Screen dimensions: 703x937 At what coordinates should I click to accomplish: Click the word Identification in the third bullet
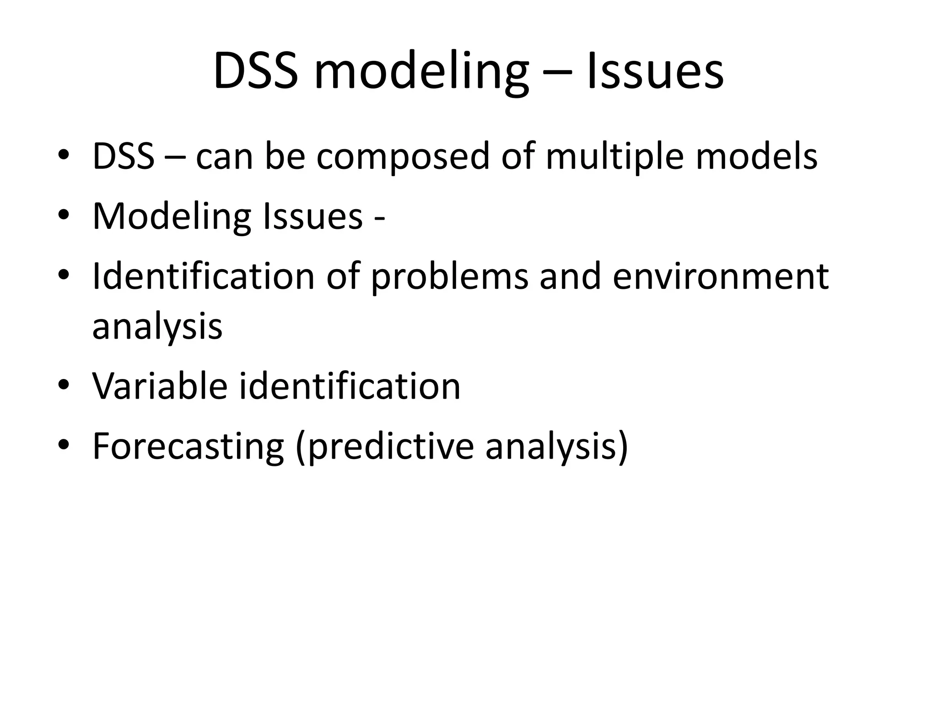click(x=203, y=276)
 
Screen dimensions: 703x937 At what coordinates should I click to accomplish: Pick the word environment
click(x=720, y=276)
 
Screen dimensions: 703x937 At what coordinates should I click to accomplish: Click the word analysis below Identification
click(x=157, y=327)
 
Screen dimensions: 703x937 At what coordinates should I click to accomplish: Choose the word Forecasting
click(x=188, y=447)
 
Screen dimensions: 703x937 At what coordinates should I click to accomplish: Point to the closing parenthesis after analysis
click(x=622, y=447)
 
